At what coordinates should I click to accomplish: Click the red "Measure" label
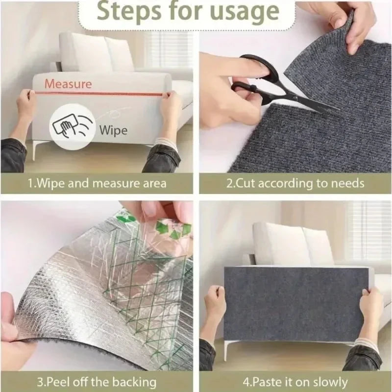68,83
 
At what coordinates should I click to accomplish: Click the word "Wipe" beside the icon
113,130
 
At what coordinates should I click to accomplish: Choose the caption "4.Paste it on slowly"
295,382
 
